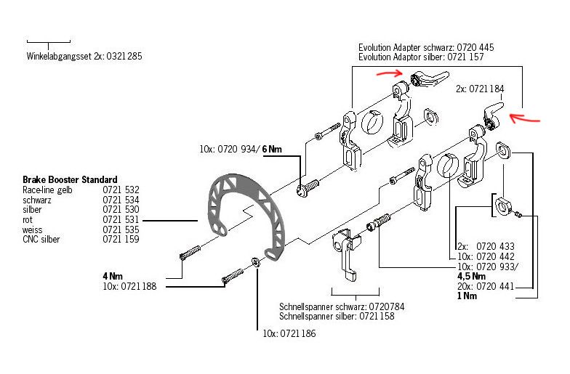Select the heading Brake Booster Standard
[x=70, y=179]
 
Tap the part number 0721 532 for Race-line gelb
[x=121, y=190]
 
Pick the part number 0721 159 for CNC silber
[x=121, y=239]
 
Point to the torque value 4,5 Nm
[x=471, y=276]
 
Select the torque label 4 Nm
[x=113, y=276]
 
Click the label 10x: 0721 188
[x=130, y=286]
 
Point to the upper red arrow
[x=388, y=72]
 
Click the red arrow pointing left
[x=529, y=116]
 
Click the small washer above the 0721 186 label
[x=255, y=261]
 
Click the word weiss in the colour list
[x=33, y=229]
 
